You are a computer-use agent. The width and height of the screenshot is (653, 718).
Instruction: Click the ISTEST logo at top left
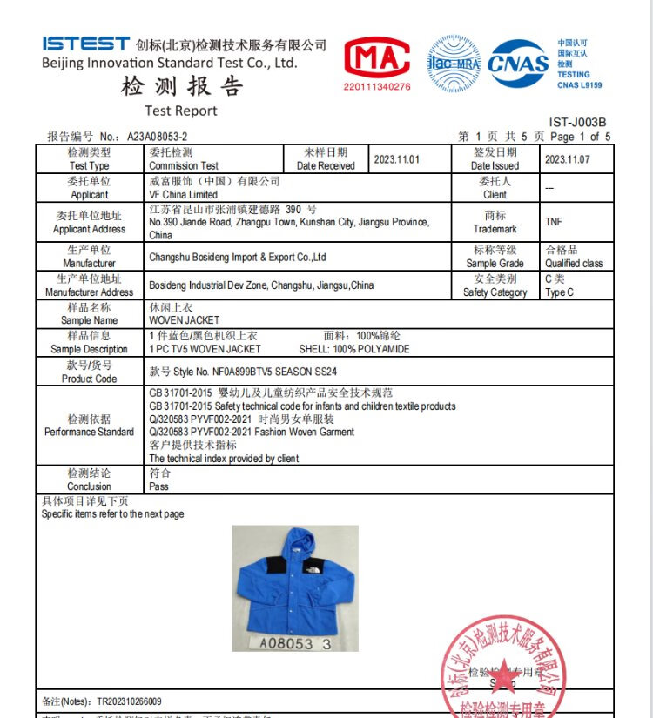point(84,44)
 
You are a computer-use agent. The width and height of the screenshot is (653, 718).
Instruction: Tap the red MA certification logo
point(377,58)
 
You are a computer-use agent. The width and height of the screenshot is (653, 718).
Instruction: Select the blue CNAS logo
point(518,63)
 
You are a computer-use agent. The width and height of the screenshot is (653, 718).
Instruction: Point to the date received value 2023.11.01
point(396,159)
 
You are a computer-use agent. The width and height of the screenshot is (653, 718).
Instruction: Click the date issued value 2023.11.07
point(567,159)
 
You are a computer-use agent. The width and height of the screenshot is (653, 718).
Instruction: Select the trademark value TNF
point(554,222)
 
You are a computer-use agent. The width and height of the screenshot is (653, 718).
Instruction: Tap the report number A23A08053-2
point(157,137)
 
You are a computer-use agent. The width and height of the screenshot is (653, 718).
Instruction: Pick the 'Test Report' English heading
point(181,111)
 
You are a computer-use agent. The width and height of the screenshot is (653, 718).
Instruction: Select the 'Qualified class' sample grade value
point(574,263)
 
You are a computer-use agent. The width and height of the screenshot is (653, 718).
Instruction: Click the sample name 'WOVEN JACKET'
point(185,320)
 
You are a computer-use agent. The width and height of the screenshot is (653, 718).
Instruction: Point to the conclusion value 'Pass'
point(158,486)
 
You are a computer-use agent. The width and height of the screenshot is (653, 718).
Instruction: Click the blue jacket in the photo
point(294,579)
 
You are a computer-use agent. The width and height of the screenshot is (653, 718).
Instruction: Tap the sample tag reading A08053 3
point(294,644)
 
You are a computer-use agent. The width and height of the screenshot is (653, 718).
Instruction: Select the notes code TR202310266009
point(129,701)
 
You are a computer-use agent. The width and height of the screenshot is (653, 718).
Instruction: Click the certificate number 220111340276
point(377,87)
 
